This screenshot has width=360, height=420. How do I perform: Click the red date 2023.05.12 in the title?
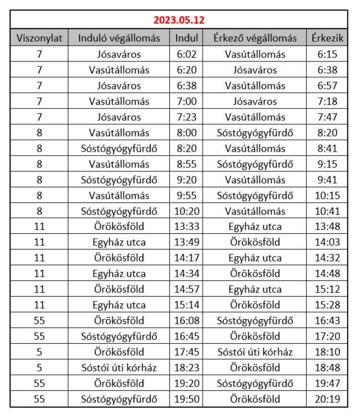[x=179, y=21]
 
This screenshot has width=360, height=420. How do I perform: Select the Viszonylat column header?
[x=39, y=38]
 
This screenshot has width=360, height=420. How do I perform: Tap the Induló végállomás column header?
[x=119, y=38]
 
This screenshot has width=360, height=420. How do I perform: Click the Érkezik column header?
[x=327, y=38]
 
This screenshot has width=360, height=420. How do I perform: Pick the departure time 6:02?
[x=186, y=54]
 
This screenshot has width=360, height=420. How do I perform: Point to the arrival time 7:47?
[x=327, y=117]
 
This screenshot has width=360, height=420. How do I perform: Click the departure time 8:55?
[x=186, y=164]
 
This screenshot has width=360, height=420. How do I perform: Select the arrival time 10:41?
[x=327, y=211]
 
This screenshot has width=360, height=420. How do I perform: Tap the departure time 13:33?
[x=186, y=227]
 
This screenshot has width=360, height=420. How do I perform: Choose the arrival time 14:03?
[x=327, y=242]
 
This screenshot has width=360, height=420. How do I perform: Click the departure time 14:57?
[x=186, y=289]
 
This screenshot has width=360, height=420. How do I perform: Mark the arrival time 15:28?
[x=327, y=305]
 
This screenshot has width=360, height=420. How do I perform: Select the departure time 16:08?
[x=186, y=321]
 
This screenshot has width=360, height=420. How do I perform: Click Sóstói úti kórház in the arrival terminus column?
[x=255, y=352]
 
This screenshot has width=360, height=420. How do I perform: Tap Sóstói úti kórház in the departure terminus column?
[x=119, y=368]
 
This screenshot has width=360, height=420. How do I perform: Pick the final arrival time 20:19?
[x=327, y=399]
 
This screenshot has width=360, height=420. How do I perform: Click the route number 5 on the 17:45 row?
[x=39, y=352]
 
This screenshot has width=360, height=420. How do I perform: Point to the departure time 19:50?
[x=186, y=399]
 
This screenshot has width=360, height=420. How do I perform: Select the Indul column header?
[x=186, y=38]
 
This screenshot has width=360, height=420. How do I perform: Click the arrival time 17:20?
[x=327, y=336]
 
